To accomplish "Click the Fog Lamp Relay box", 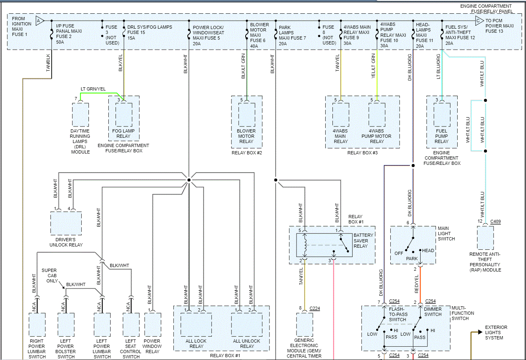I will coord(124,115).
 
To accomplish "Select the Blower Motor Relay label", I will coord(246,136).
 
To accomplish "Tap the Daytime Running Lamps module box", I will coord(80,115).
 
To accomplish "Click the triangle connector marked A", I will coord(40,21).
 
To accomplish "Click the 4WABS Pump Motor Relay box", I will coord(377,115).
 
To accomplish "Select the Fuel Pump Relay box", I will coord(442,115).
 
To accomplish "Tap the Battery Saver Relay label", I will coord(361,240).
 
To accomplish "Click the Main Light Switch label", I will coord(446,234).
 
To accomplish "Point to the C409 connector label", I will coord(495,222).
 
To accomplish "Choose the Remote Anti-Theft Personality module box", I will coord(485,238).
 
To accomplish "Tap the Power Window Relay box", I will coord(152,326).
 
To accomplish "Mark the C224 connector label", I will coord(314,309).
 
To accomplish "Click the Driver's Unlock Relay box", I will coord(66,223).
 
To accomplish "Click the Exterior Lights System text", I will coord(496,333).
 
